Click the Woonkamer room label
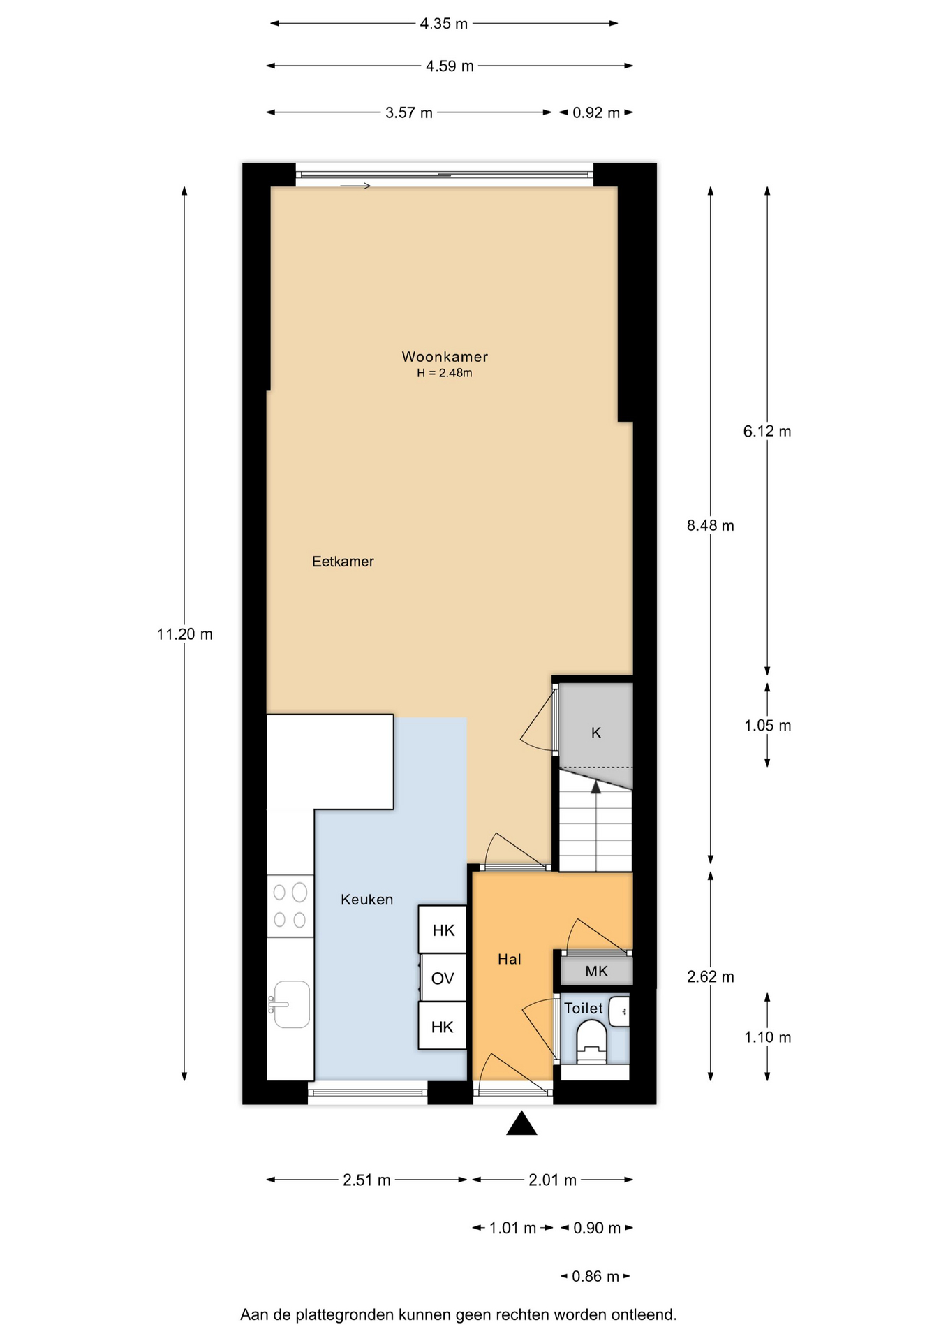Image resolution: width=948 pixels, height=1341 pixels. [x=445, y=356]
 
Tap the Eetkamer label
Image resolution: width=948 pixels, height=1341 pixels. [x=343, y=561]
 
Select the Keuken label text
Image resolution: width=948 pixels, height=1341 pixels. [x=366, y=900]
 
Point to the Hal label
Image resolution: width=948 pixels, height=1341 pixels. [x=510, y=959]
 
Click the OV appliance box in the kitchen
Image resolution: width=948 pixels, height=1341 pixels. [x=443, y=978]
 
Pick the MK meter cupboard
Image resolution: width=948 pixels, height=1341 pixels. [x=597, y=971]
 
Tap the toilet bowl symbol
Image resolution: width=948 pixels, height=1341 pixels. [x=593, y=1041]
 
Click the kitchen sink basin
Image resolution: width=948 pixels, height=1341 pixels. [x=292, y=1004]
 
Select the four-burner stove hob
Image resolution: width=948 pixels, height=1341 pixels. [x=290, y=906]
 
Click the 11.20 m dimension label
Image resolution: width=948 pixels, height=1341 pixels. [x=185, y=634]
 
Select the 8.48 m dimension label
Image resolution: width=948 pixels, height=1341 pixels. [x=711, y=525]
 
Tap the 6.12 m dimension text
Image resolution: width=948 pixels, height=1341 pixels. [x=767, y=431]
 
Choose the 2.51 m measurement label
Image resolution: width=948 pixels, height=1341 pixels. [x=366, y=1180]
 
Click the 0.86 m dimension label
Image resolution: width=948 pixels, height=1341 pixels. [x=595, y=1277]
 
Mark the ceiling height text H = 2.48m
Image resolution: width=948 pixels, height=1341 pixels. [x=445, y=373]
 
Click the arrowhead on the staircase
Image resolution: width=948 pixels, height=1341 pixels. [x=596, y=787]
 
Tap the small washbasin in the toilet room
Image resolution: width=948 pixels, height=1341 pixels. [x=619, y=1011]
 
